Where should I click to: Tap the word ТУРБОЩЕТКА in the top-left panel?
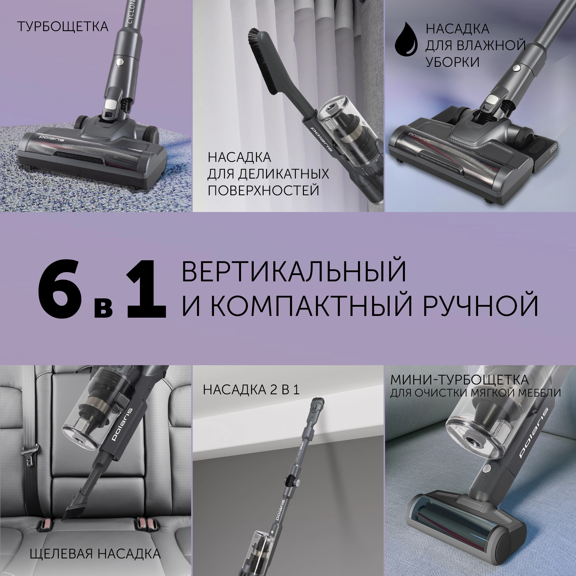pos(63,27)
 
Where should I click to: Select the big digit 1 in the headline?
pos(146,287)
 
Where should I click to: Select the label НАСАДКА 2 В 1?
pos(251,390)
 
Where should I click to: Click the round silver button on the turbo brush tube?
pos(120,61)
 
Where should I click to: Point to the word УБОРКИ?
pos(452,62)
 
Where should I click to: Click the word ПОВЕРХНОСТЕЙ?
pos(263,190)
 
